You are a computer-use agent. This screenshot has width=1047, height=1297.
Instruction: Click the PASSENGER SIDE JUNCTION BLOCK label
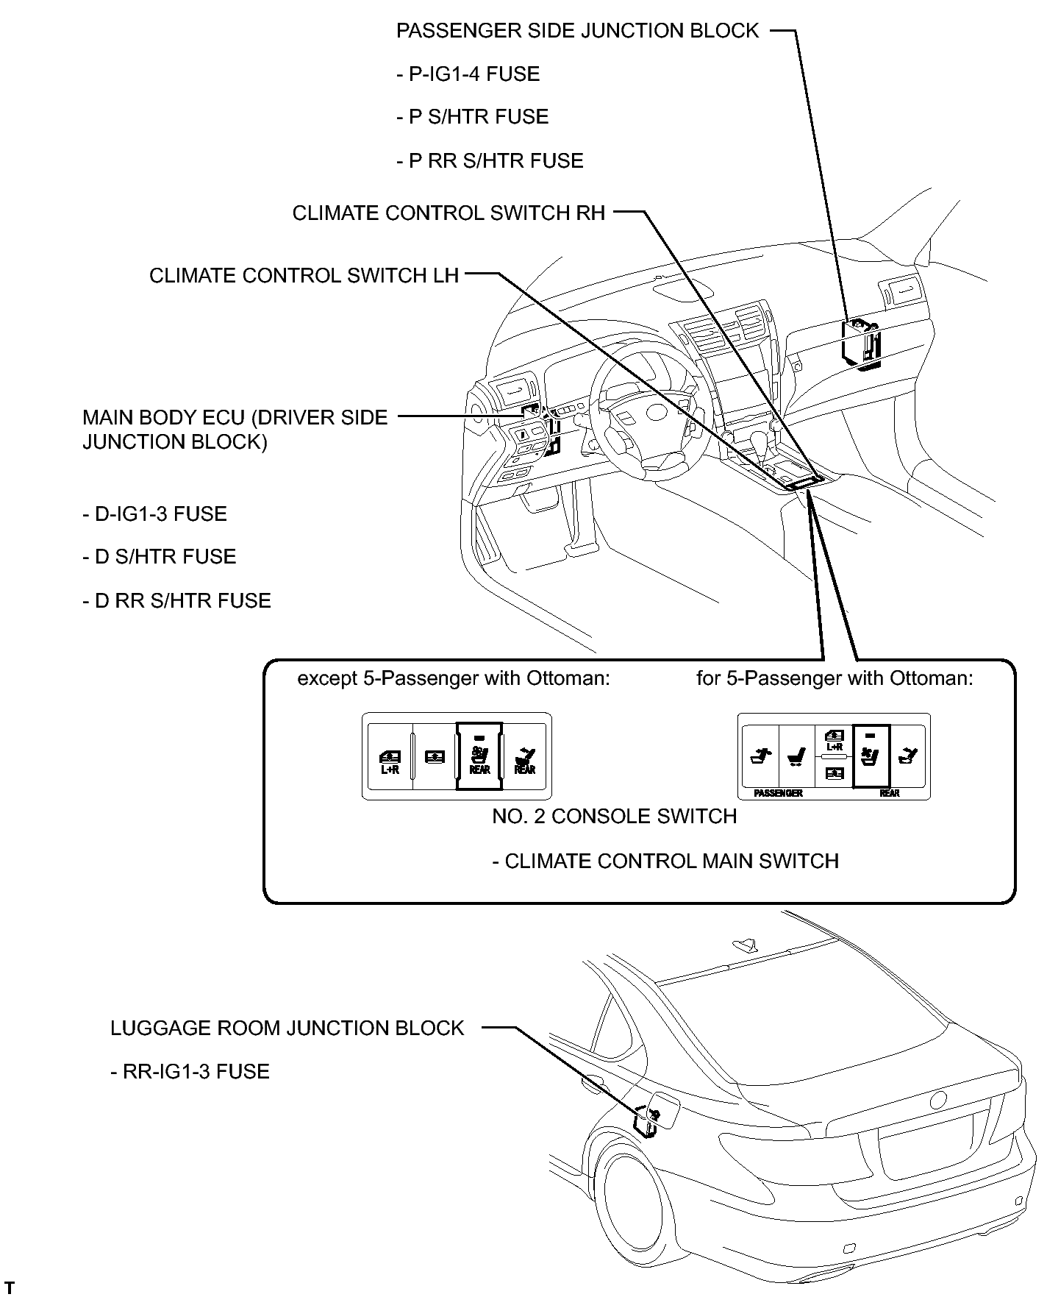577,31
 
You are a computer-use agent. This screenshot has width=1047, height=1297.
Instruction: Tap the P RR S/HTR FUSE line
490,161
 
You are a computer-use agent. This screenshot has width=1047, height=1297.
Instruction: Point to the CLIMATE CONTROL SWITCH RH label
449,213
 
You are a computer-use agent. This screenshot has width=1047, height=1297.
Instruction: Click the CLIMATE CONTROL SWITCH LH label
304,276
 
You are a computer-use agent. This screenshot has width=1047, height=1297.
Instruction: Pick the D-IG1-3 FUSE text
154,514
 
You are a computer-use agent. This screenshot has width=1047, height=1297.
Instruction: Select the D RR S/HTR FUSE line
176,601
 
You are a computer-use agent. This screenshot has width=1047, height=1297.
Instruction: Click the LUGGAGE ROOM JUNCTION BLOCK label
287,1028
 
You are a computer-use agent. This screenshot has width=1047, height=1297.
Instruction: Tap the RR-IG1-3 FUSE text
190,1072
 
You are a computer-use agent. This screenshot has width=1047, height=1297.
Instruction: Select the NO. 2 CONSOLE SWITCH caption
615,817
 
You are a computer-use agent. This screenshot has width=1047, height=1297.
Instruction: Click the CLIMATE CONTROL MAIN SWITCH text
665,861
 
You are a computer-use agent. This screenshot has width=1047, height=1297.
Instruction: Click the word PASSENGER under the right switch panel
778,794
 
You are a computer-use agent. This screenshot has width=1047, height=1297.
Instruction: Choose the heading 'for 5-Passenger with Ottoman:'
835,678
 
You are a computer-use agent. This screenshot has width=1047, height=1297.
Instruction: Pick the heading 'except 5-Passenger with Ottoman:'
454,678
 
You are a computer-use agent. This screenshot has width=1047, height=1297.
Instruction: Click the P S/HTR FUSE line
472,118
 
